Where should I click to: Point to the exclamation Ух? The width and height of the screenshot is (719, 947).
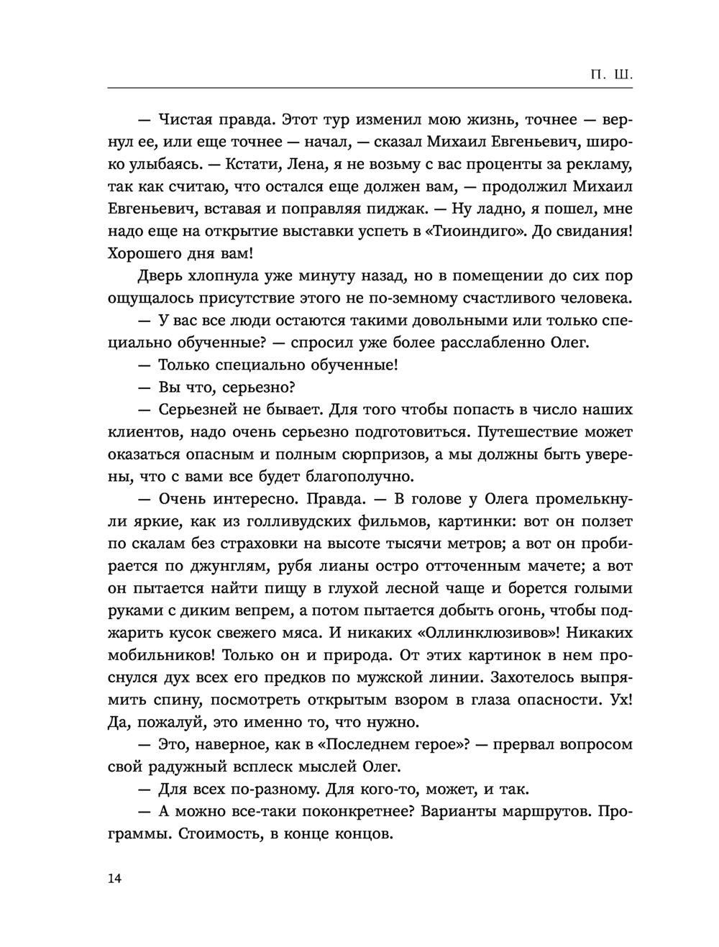620,700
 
